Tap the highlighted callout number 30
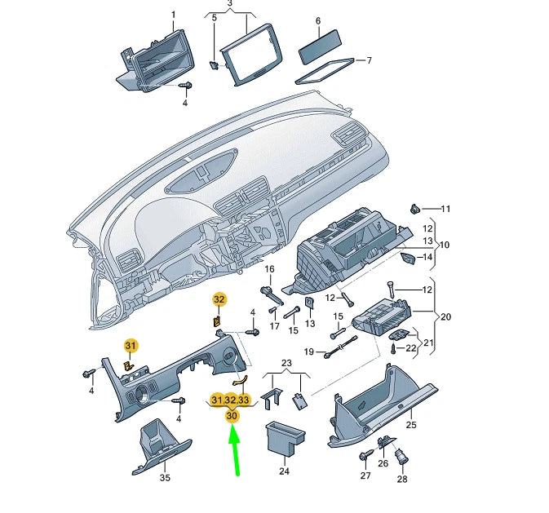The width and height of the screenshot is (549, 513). pos(232,415)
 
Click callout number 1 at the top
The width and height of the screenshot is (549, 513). pos(173,15)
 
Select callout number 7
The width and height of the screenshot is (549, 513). pos(368,60)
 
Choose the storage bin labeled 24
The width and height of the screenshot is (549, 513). pos(285,440)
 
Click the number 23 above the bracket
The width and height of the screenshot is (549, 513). pos(286,363)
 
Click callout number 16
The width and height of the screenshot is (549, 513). pos(269,269)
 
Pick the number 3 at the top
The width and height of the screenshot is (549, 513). pos(230,4)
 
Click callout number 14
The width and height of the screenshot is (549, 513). pos(425,258)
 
